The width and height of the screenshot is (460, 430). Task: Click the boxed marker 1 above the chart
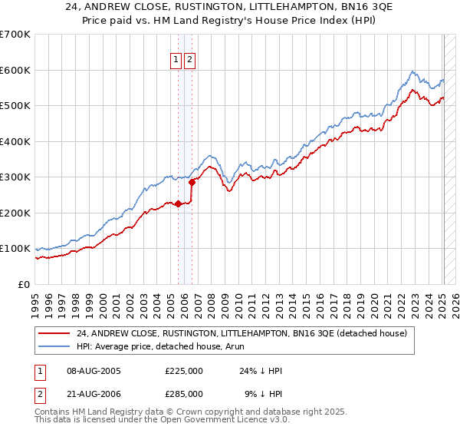tap(176, 60)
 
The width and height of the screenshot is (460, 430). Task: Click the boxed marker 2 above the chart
tap(189, 60)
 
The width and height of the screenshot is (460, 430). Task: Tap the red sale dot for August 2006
tap(192, 182)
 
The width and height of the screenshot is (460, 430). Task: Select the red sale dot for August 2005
tap(179, 203)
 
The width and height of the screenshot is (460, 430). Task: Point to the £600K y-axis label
tap(15, 70)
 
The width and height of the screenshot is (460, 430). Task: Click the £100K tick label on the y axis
tap(15, 249)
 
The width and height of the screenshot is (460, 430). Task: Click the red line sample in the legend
tap(54, 333)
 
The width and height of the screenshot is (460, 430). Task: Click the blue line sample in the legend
tap(54, 346)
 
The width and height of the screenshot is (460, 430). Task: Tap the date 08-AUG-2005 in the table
tap(94, 370)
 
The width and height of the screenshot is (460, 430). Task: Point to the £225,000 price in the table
tap(184, 370)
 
